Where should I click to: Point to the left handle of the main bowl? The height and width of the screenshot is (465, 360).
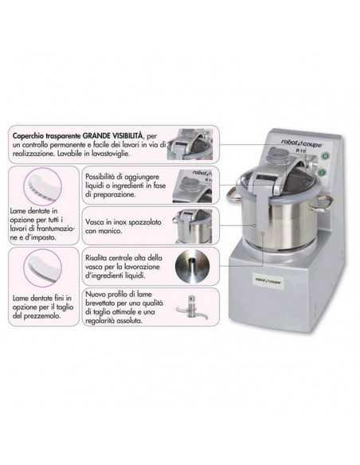(x=232, y=193)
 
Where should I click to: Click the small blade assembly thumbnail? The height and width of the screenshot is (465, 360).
(x=193, y=308)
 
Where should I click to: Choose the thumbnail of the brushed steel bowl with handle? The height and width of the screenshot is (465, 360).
(x=193, y=225)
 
